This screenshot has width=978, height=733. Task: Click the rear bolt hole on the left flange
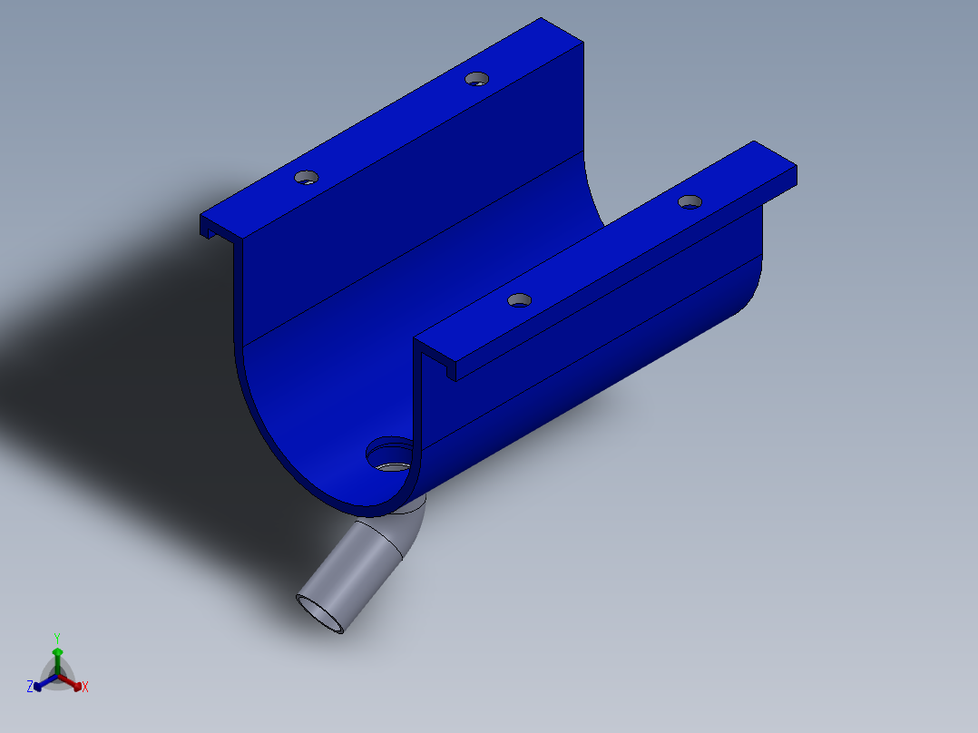476,79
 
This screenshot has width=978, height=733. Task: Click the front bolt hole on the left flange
307,177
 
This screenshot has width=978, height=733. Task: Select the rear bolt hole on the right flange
689,201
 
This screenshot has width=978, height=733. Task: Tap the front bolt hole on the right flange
518,300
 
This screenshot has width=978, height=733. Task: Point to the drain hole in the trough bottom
391,454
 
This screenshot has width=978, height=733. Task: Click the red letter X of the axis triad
85,688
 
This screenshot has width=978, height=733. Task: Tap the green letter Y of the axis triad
57,638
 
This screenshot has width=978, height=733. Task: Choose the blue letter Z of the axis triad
30,688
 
